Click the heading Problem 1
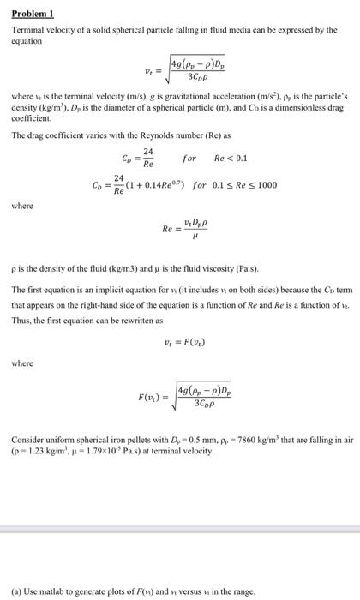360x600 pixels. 29,15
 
